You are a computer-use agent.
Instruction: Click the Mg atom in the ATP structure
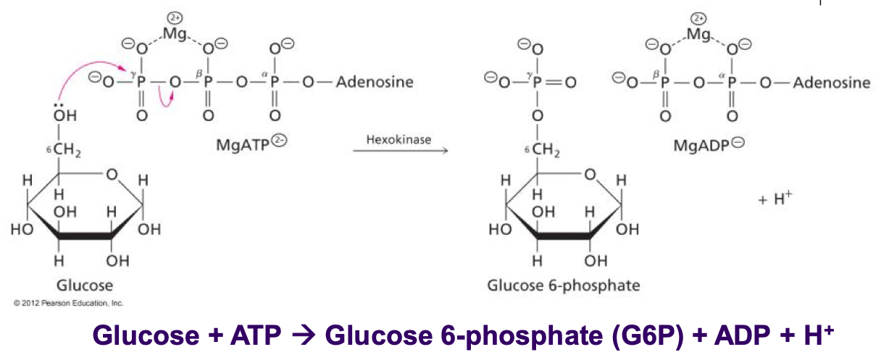pyautogui.click(x=175, y=33)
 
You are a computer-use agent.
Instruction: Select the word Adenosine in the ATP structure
pyautogui.click(x=375, y=82)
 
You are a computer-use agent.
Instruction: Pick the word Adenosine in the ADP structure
pyautogui.click(x=832, y=82)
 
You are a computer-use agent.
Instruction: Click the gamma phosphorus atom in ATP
pyautogui.click(x=141, y=82)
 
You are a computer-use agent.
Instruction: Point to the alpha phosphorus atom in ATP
pyautogui.click(x=274, y=82)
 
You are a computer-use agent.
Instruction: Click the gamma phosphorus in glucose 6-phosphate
pyautogui.click(x=537, y=82)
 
